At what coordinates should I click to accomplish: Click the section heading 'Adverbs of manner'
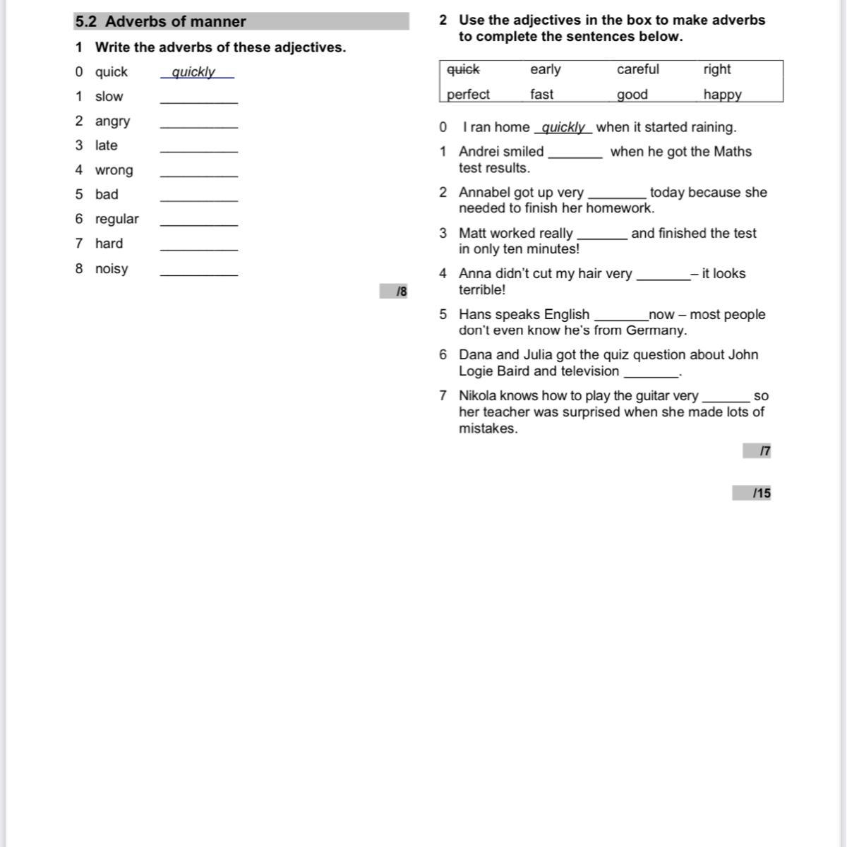[x=175, y=22]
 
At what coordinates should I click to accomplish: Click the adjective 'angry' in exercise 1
[x=112, y=121]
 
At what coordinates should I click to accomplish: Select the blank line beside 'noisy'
[x=199, y=273]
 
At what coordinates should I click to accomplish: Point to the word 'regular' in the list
[x=116, y=219]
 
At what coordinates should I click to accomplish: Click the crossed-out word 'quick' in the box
[x=463, y=69]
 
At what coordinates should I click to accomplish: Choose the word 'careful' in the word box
[x=637, y=69]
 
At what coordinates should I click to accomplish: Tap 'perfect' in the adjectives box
[x=468, y=94]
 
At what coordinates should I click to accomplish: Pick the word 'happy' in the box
[x=722, y=94]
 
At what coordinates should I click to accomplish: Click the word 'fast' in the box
[x=541, y=94]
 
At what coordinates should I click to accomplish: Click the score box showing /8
[x=394, y=291]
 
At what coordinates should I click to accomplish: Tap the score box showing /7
[x=757, y=451]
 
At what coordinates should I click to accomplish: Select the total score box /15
[x=752, y=493]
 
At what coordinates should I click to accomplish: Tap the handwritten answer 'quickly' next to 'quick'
[x=193, y=72]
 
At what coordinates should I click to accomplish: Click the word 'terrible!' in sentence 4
[x=482, y=290]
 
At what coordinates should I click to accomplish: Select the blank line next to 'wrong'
[x=199, y=174]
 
